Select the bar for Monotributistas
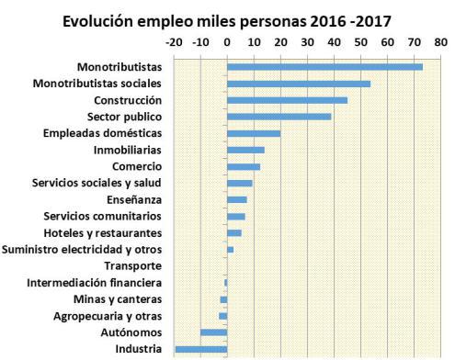324,67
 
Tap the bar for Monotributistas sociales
299,84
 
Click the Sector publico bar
279,117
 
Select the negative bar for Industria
200,349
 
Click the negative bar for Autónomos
213,332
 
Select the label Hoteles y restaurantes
103,232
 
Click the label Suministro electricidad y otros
83,249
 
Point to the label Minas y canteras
118,298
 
